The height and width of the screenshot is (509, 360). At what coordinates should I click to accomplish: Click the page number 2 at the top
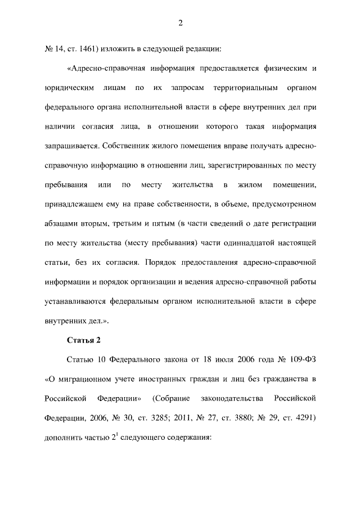[x=180, y=23]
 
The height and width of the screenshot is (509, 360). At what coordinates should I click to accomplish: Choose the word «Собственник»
[x=127, y=146]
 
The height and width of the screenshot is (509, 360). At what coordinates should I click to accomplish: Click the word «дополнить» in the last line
[x=61, y=438]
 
